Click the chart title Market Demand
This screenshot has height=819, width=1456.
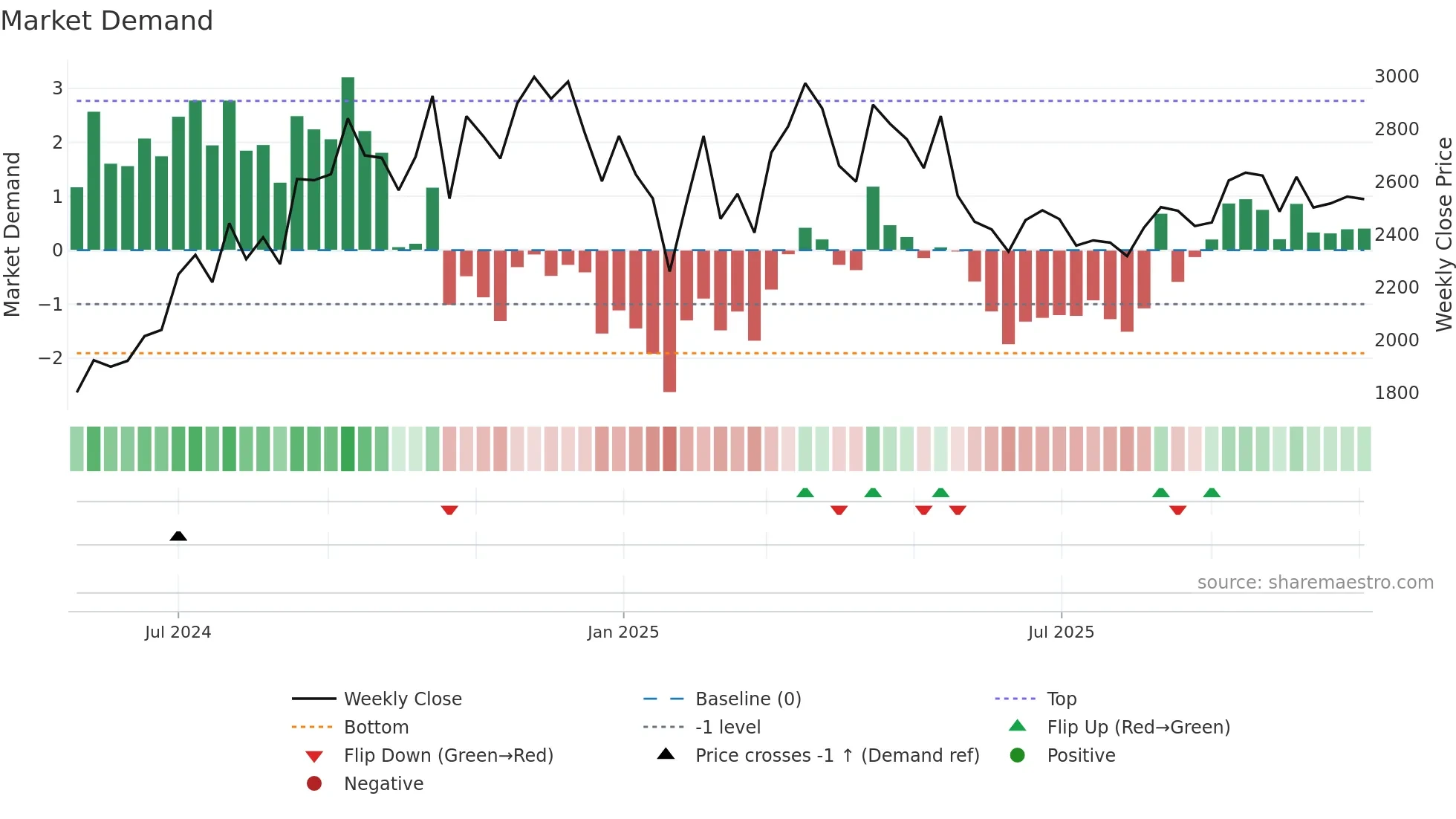[107, 21]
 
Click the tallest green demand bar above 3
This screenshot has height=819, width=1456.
[348, 164]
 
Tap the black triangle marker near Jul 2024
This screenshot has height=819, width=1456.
[178, 536]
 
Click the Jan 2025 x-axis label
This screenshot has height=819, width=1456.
[623, 632]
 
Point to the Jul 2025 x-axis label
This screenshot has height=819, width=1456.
[1061, 632]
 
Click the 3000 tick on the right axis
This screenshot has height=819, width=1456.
[1397, 77]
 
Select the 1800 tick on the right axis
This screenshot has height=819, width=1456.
[1397, 393]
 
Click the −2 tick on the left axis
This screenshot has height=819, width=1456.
[51, 358]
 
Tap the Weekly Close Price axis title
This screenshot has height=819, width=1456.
[1443, 234]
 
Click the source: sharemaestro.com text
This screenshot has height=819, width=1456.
[1315, 583]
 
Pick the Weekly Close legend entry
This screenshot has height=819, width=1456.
[402, 699]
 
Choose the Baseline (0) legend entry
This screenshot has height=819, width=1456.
[747, 699]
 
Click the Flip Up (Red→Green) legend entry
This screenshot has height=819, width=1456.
[1138, 728]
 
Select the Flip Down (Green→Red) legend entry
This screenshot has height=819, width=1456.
[448, 756]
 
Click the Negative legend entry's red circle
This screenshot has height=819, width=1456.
[314, 784]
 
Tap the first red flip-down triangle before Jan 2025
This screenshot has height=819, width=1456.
[449, 510]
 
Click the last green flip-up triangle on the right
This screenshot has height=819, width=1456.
[1212, 493]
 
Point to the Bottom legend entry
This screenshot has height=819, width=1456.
[376, 728]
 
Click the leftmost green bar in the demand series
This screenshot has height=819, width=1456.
[77, 219]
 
